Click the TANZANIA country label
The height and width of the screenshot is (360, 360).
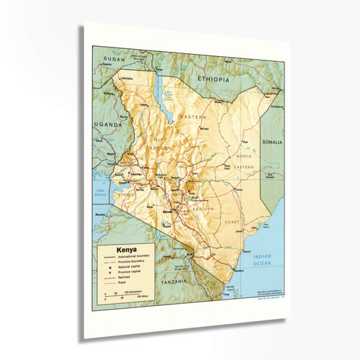click(x=177, y=283)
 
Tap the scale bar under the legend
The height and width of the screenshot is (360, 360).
click(x=119, y=294)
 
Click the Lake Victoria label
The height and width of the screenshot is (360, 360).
click(x=102, y=191)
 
